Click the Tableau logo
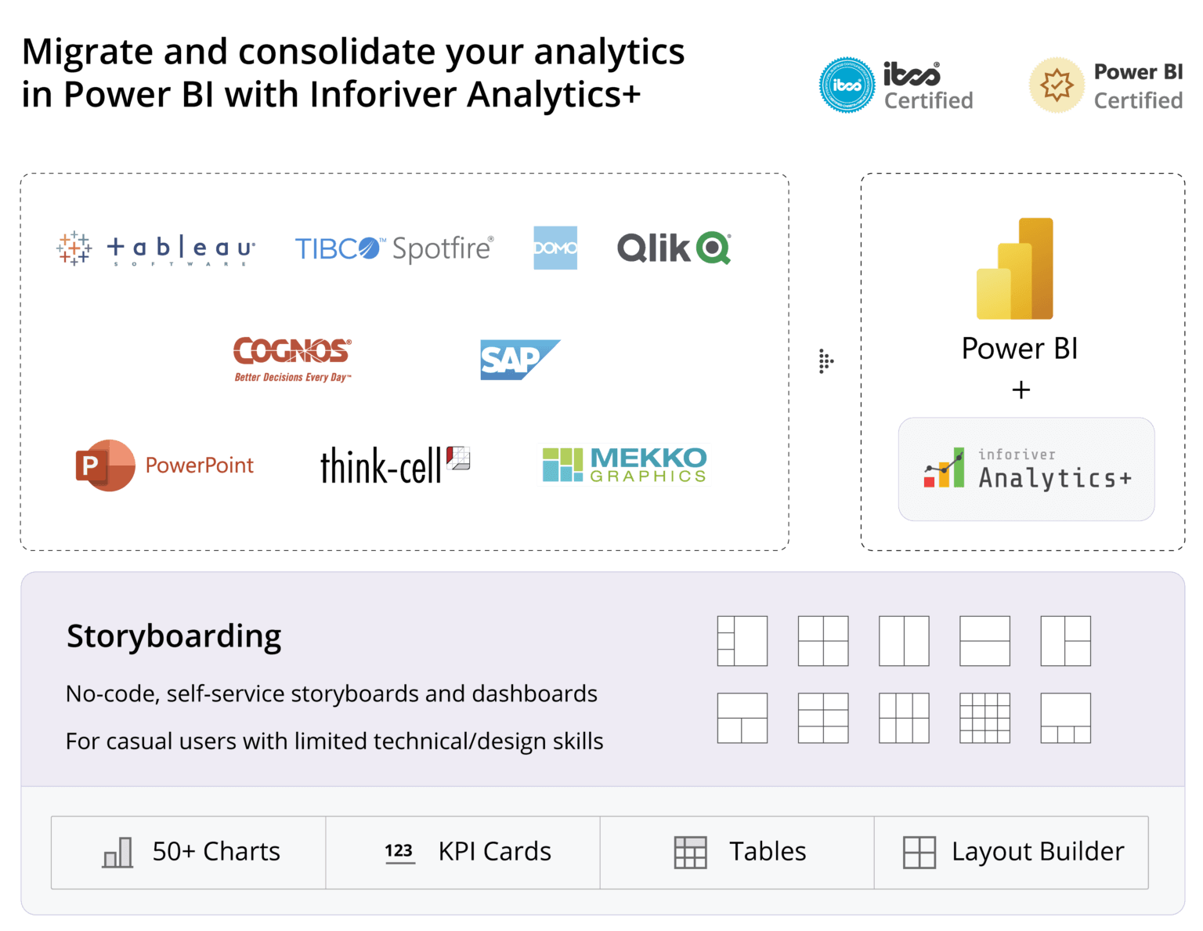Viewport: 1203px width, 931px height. (156, 248)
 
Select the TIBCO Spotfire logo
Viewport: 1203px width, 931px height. (394, 248)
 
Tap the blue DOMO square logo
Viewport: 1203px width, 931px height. (555, 248)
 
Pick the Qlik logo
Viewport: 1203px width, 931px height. (674, 248)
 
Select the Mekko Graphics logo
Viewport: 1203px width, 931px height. (623, 465)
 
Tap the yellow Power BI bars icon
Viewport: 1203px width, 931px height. (1015, 269)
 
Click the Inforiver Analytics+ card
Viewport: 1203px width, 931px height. (1026, 469)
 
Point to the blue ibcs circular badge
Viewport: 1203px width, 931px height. (847, 85)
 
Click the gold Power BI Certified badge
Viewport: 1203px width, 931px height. (1057, 85)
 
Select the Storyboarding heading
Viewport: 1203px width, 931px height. (174, 636)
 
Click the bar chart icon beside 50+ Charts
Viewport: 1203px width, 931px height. (117, 852)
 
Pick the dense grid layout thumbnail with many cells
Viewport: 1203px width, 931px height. (984, 718)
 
